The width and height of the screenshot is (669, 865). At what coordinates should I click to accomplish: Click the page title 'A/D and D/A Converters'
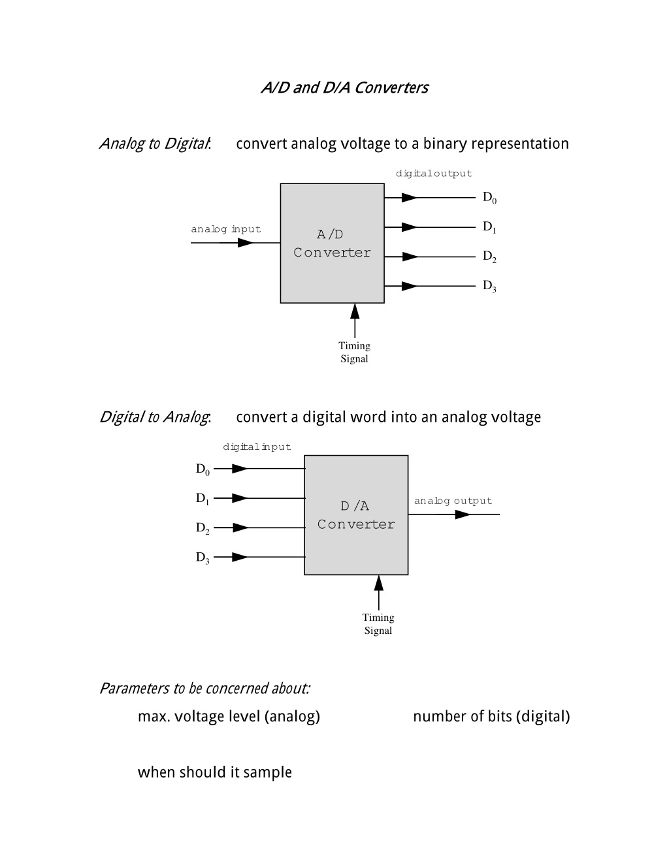click(345, 87)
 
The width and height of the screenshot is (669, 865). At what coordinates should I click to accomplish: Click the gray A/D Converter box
click(332, 244)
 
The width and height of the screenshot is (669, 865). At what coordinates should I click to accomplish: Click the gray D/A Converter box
click(356, 514)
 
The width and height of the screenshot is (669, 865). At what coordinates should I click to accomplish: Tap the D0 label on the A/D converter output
click(489, 198)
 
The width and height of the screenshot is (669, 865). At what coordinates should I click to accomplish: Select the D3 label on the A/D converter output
click(489, 286)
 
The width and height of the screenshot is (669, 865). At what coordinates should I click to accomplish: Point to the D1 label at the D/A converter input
click(203, 499)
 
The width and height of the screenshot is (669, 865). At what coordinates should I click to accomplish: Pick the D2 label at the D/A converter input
click(203, 528)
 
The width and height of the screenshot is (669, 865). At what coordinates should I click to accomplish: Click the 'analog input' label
click(226, 229)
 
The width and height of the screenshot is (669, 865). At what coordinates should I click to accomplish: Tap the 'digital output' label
click(434, 174)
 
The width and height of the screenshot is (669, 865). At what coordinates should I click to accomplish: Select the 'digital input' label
click(257, 447)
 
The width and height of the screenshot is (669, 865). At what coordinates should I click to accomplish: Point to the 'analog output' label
click(453, 501)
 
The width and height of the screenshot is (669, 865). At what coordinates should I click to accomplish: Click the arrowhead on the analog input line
click(245, 242)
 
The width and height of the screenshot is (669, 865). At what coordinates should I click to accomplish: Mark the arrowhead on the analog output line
click(463, 514)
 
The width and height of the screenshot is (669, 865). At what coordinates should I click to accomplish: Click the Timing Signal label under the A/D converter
click(354, 352)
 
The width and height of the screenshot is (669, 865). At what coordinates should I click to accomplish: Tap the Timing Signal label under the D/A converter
click(378, 623)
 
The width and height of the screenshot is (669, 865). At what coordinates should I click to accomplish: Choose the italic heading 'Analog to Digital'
click(155, 144)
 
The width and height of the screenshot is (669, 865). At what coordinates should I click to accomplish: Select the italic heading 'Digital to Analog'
click(155, 417)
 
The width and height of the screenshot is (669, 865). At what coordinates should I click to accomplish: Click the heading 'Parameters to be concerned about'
click(204, 688)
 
